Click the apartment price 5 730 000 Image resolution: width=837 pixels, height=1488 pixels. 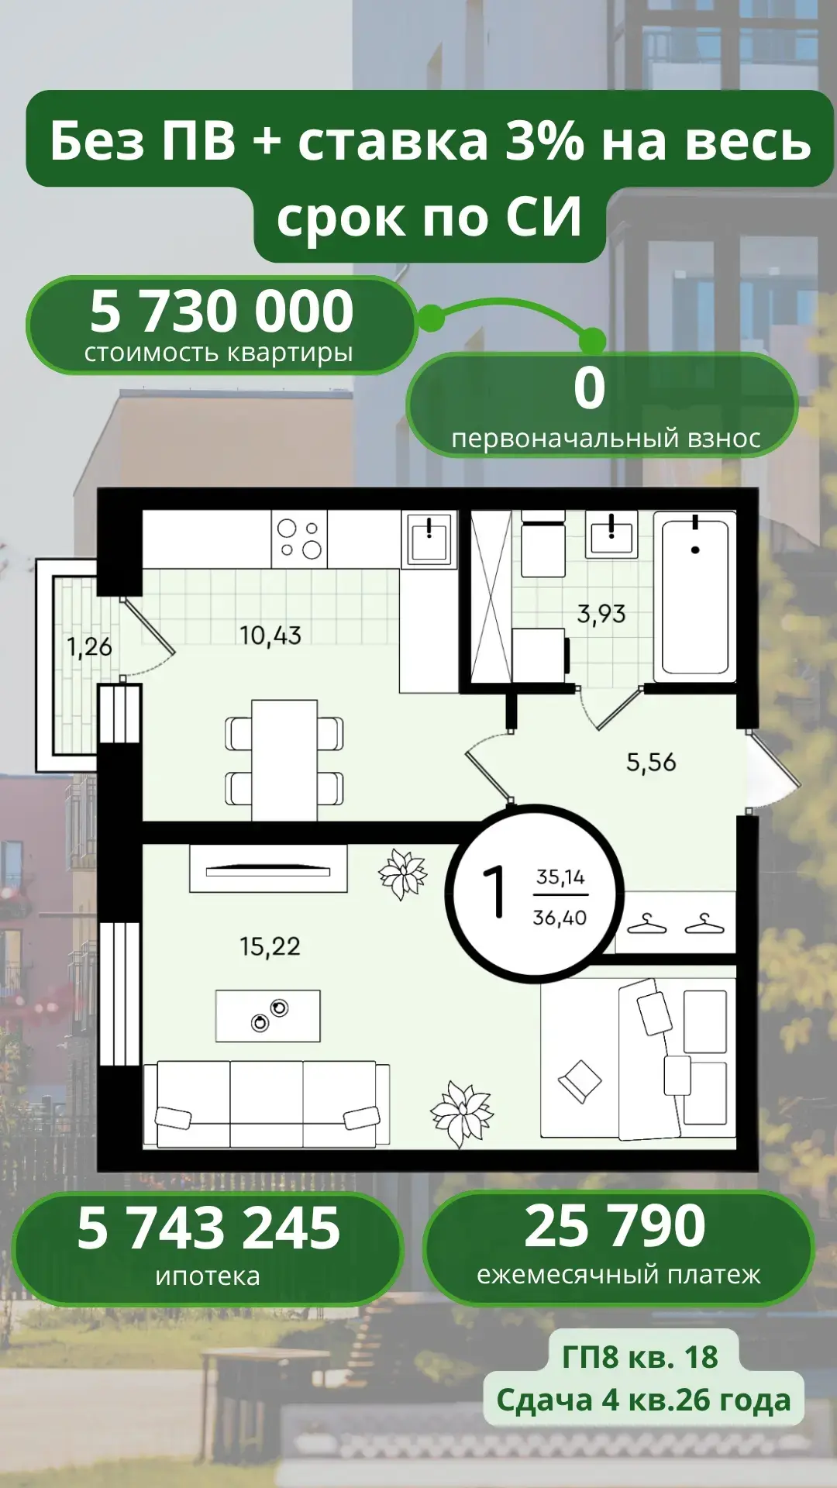(x=222, y=311)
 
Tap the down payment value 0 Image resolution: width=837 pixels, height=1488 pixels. (x=590, y=387)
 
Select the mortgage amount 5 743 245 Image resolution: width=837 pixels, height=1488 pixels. (x=208, y=1228)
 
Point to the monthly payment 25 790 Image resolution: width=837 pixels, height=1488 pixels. (x=615, y=1226)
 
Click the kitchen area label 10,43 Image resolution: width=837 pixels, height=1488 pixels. (x=270, y=635)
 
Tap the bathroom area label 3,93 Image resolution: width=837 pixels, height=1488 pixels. (x=601, y=614)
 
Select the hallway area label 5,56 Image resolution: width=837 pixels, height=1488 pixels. (x=651, y=763)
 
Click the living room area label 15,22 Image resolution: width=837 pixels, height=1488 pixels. (x=270, y=946)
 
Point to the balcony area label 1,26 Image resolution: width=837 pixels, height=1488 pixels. (x=89, y=646)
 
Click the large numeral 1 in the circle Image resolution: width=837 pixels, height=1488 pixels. (x=494, y=891)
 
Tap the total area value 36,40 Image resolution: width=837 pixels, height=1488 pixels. (x=560, y=918)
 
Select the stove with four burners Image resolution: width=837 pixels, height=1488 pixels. (x=299, y=538)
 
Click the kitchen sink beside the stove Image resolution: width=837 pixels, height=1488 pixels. (x=429, y=538)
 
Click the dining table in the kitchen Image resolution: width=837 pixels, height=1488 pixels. (x=284, y=760)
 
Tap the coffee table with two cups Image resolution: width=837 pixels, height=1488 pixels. (x=268, y=1015)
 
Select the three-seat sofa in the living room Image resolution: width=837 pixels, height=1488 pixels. (x=267, y=1104)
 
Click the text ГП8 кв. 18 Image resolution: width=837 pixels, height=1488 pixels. (x=640, y=1357)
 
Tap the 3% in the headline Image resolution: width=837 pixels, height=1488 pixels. (x=544, y=141)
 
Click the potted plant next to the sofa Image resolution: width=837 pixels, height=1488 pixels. (x=462, y=1114)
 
